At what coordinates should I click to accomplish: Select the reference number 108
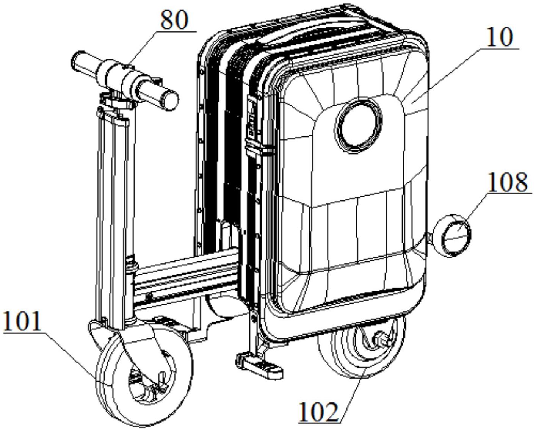(508, 183)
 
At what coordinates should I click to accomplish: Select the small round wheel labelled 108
(452, 236)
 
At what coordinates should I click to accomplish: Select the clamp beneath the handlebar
(117, 101)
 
